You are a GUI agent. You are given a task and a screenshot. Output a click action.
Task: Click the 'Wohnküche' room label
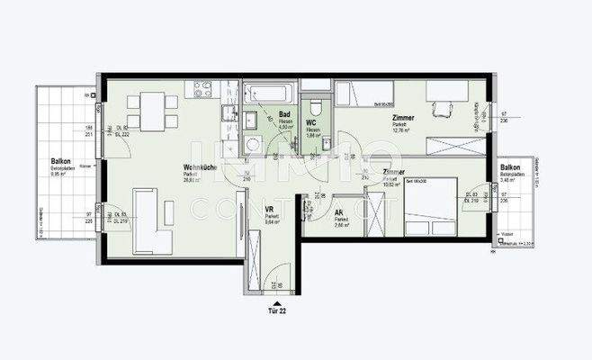198,167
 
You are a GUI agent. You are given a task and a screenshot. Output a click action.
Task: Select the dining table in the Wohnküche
146,109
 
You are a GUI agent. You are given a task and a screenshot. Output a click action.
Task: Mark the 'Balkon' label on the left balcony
61,159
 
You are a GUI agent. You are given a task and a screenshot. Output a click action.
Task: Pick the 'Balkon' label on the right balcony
510,168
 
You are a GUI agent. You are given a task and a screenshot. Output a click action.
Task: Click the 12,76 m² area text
401,130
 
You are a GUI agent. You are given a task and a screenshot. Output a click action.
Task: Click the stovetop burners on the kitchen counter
202,89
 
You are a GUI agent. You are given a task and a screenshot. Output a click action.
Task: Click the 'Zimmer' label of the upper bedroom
402,118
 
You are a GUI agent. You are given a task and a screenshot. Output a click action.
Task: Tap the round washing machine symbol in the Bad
253,144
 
